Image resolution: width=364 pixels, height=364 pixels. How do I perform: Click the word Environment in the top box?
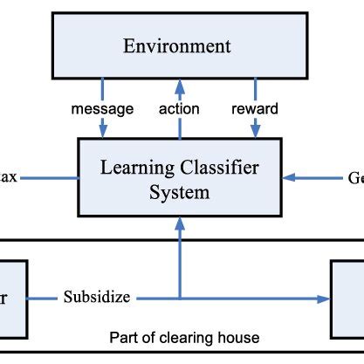177,46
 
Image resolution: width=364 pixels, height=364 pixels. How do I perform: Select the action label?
179,109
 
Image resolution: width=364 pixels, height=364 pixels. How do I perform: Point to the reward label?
255,109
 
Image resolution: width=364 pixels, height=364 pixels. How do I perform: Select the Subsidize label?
96,297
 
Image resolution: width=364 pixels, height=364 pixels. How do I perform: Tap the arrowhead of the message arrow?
104,133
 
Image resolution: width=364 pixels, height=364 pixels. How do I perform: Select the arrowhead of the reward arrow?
255,133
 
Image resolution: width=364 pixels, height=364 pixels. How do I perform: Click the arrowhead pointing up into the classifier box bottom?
179,225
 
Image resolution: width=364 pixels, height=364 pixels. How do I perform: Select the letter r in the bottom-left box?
4,298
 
